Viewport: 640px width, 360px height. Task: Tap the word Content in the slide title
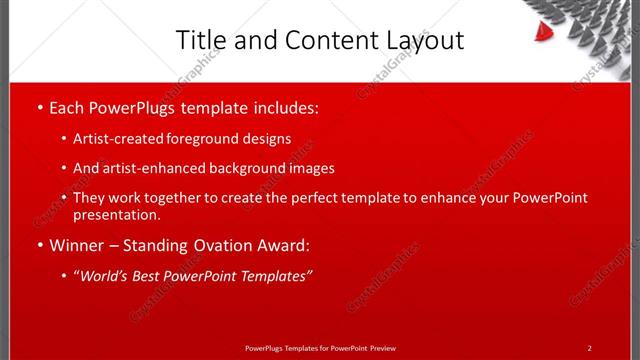[321, 40]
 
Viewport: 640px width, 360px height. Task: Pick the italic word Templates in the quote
[272, 276]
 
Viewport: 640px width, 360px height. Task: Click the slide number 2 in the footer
[589, 348]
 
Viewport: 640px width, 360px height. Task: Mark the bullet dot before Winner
[38, 246]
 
